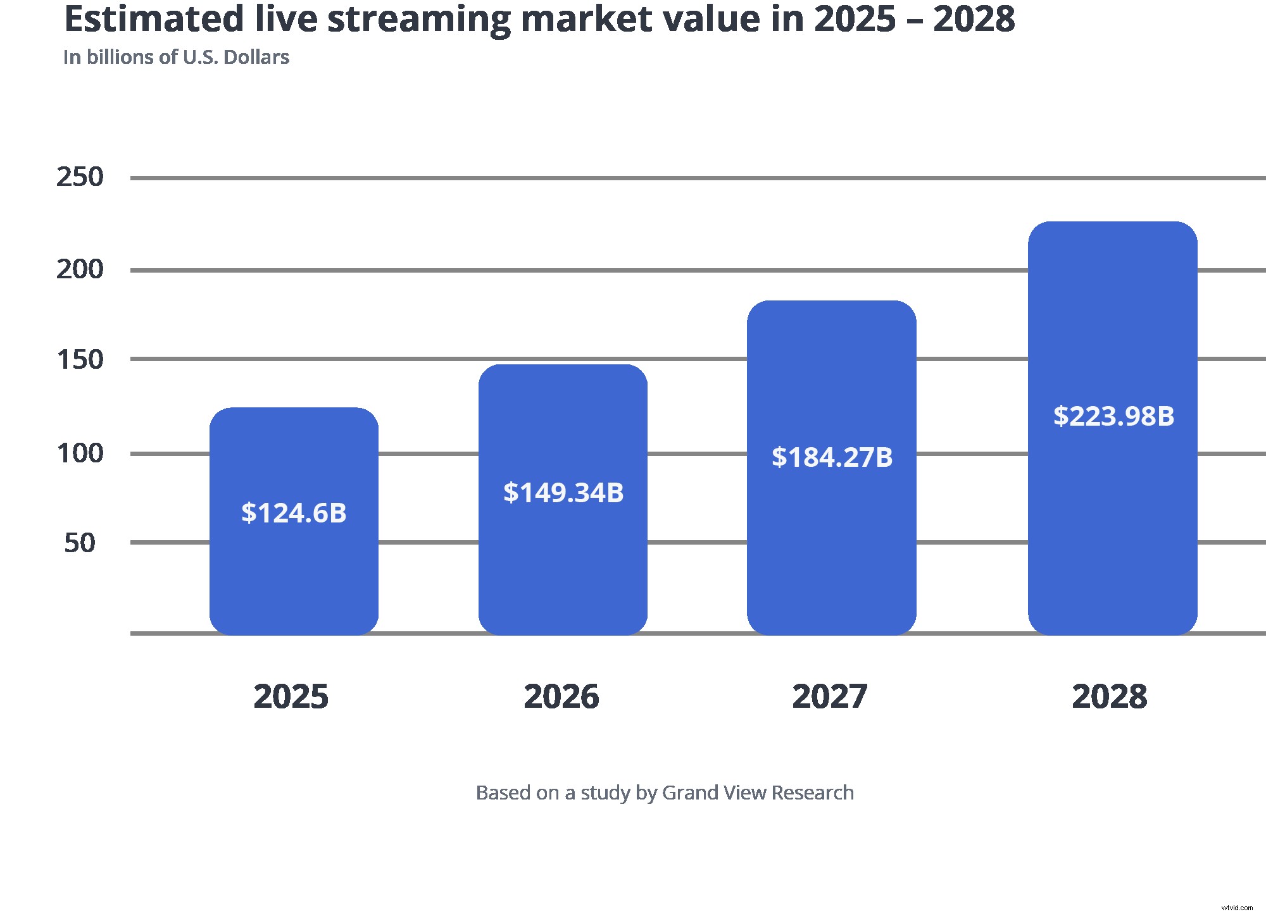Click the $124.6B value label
[294, 513]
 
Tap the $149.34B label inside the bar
[563, 493]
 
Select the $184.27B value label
[832, 457]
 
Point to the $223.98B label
[1113, 416]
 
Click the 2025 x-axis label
[291, 696]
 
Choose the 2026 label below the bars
[561, 696]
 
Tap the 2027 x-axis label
[830, 696]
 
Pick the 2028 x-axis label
[1110, 696]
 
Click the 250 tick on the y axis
[80, 177]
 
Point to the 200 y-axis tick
[80, 269]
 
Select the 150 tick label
[80, 360]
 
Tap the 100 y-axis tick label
[80, 454]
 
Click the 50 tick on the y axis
[80, 543]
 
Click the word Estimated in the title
[154, 19]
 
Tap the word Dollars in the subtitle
[256, 58]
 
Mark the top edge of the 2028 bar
[1113, 222]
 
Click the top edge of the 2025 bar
[294, 408]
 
